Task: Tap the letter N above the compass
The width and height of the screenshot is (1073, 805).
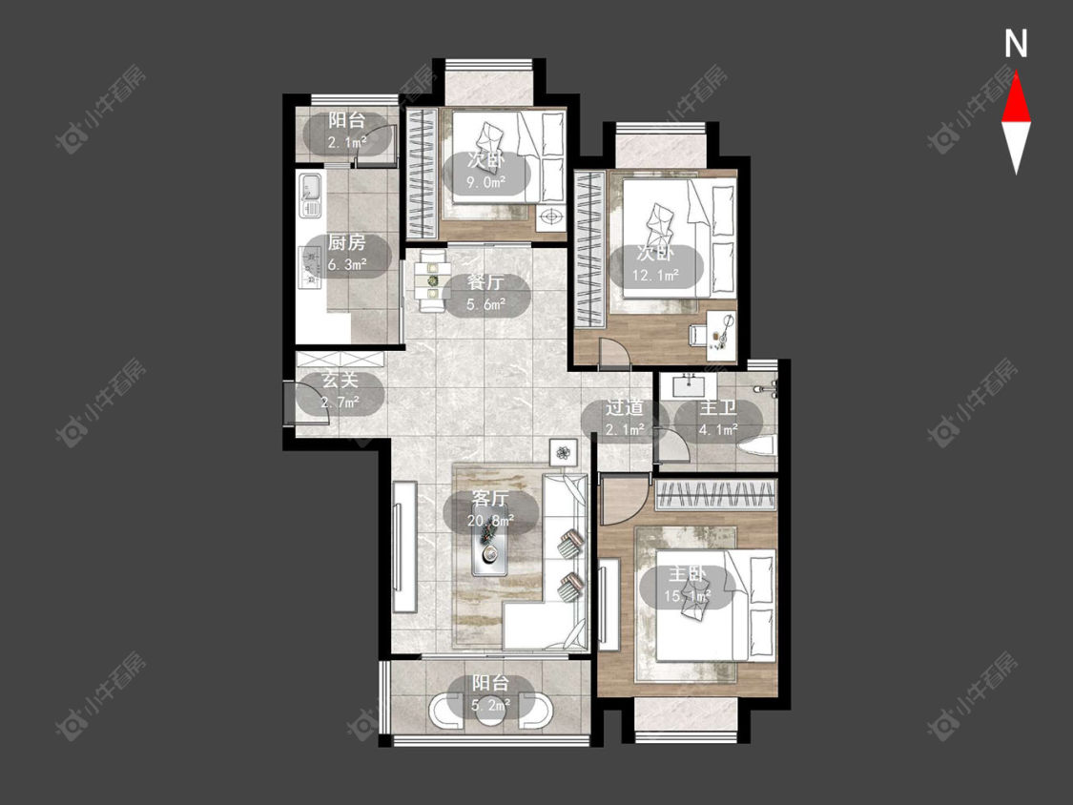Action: point(1016,44)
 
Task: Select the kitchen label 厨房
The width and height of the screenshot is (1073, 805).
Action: point(346,242)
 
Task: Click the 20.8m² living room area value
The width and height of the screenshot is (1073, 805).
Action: point(490,521)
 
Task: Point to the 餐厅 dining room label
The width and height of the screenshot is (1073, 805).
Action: point(485,282)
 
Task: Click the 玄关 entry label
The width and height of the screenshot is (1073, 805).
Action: point(340,380)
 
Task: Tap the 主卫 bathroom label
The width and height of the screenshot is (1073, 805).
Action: point(718,408)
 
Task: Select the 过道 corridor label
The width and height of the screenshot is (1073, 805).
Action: point(624,408)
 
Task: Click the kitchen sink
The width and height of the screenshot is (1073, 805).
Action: point(309,196)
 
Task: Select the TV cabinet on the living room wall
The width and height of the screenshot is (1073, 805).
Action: point(405,547)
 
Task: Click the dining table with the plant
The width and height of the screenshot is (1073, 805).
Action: point(432,281)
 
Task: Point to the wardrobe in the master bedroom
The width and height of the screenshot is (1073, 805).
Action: point(715,495)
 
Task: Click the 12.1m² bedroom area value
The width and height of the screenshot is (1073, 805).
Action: point(655,276)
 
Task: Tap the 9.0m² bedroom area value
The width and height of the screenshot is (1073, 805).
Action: point(485,182)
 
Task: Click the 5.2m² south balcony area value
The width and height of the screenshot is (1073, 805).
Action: point(491,704)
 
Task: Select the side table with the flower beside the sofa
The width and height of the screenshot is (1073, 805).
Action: point(564,452)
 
